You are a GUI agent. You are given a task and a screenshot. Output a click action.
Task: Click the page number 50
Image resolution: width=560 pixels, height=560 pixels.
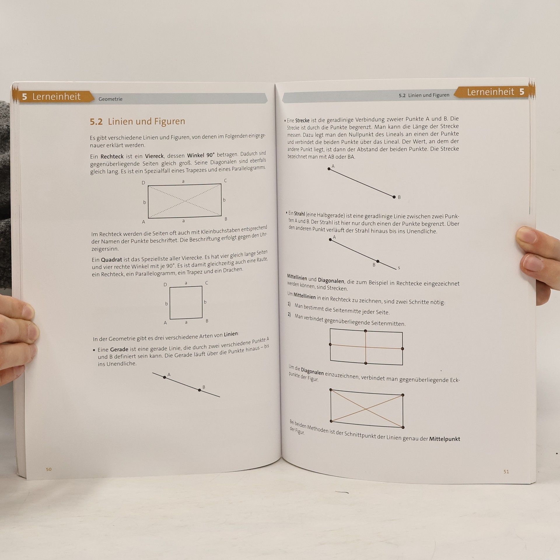coord(49,469)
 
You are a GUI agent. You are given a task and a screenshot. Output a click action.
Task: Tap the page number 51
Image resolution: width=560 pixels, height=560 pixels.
coord(506,472)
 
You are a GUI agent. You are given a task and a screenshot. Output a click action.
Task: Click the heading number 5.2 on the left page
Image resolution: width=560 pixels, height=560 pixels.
coord(96,122)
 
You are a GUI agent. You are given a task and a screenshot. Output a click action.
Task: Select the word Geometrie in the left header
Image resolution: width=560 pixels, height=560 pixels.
coord(111,99)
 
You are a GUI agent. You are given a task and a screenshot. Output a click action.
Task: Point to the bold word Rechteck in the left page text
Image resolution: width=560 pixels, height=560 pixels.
coord(112,156)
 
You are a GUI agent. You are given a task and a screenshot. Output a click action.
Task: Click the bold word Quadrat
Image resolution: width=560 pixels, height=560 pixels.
coord(111,260)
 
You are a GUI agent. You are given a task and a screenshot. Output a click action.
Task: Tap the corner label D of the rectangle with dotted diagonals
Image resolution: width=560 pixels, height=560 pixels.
coord(143,183)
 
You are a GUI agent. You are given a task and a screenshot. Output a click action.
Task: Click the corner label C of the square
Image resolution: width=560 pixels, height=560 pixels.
coord(206,283)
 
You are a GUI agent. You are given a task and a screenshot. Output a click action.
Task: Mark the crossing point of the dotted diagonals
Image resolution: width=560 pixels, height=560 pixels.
coord(185,201)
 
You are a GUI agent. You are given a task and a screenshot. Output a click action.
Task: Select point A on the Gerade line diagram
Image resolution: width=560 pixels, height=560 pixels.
coord(164,377)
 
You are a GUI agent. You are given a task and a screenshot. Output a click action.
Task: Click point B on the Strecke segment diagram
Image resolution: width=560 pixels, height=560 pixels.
coord(394,197)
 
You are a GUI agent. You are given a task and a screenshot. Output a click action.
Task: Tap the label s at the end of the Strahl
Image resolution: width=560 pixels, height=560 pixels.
coord(399,268)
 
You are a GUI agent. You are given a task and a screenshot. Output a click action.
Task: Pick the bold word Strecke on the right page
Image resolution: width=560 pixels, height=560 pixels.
coord(302,120)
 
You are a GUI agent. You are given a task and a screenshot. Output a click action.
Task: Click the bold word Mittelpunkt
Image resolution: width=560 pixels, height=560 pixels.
coord(444,439)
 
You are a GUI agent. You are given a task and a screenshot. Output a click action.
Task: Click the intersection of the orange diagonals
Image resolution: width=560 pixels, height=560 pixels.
coord(366,409)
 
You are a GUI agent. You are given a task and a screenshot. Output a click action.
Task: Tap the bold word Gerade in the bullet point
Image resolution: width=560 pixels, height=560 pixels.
coord(119,349)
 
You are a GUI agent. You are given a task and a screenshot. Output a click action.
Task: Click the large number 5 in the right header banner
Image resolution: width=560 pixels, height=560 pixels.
coord(522,92)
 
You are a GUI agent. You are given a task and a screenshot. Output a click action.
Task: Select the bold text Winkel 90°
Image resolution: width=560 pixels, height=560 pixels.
coord(201,155)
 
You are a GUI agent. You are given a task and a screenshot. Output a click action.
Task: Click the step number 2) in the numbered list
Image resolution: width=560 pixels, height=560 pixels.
coord(289,315)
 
